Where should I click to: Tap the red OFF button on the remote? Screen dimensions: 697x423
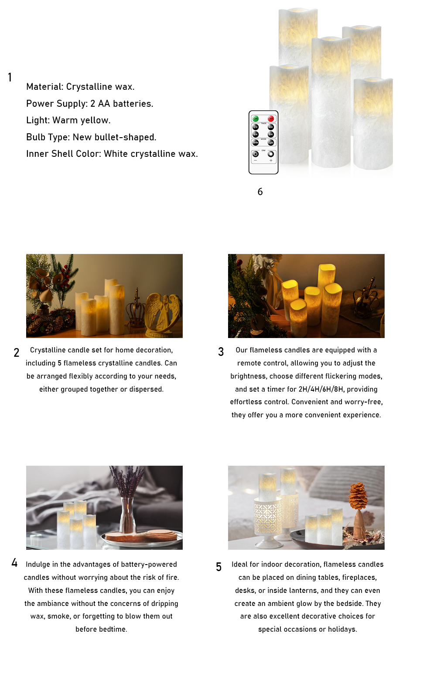tap(271, 118)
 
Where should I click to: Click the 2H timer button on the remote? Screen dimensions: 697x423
tap(256, 127)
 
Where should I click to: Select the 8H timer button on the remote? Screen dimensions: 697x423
tap(271, 134)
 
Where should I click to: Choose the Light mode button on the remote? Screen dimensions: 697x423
tap(271, 142)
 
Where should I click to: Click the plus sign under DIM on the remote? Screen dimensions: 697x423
tap(271, 161)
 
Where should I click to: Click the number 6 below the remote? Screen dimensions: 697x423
tap(260, 192)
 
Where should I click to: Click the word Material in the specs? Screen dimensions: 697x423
tap(44, 87)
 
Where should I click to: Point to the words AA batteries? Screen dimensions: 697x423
tap(125, 104)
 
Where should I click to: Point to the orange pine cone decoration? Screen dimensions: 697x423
tap(358, 497)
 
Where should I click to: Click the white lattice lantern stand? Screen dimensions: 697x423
tap(268, 518)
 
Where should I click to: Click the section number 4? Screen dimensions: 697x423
tap(14, 563)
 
